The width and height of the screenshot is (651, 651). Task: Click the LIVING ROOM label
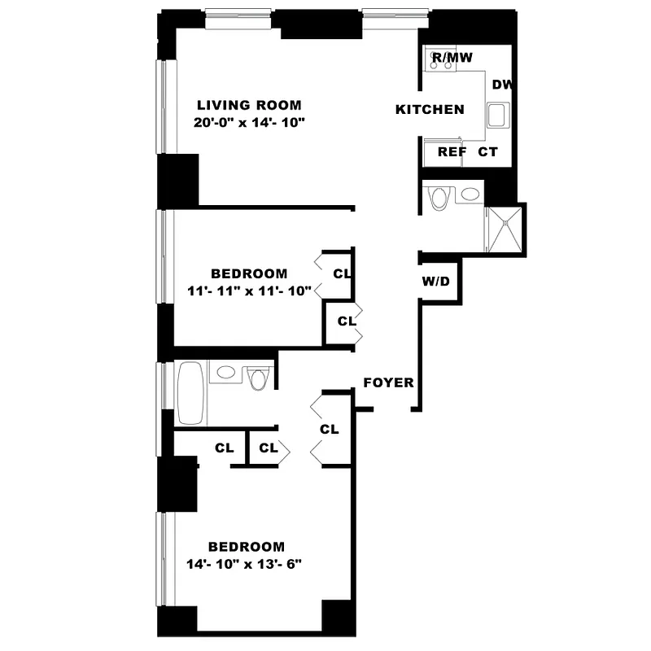click(x=249, y=105)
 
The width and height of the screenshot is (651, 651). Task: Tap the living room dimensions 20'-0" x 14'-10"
click(x=248, y=123)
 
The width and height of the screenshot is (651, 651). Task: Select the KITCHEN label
click(x=430, y=110)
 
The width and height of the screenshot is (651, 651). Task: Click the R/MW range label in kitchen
click(x=452, y=57)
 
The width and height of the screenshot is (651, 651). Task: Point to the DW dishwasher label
click(x=501, y=84)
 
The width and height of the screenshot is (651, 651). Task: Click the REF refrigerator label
click(x=451, y=151)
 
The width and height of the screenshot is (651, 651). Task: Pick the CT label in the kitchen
click(x=487, y=151)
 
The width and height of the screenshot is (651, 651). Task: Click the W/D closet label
click(x=435, y=282)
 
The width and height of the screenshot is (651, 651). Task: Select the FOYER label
click(x=388, y=383)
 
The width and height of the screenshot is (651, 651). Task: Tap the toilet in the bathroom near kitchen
click(x=439, y=198)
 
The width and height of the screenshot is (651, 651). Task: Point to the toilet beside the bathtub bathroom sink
click(x=260, y=378)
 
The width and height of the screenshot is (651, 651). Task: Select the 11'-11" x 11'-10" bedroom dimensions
click(x=248, y=291)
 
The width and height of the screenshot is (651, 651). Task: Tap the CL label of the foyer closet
click(x=329, y=429)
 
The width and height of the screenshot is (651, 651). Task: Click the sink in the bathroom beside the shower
click(x=469, y=194)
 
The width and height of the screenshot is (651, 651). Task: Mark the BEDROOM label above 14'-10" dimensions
click(x=247, y=547)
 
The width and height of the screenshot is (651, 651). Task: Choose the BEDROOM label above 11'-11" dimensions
click(x=249, y=273)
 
